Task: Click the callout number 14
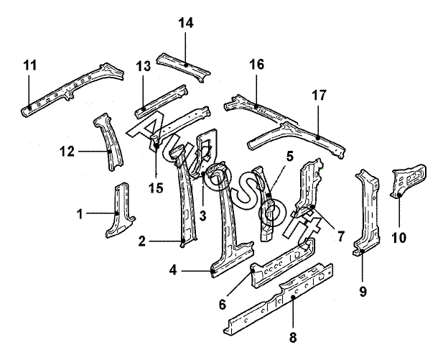tap(186, 22)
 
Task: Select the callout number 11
tap(30, 65)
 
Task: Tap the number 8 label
tap(293, 338)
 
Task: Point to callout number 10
tap(399, 237)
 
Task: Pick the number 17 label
tap(319, 96)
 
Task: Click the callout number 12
tap(67, 152)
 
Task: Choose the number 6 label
tap(223, 305)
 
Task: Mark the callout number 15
tap(156, 188)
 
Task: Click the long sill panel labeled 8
tap(279, 298)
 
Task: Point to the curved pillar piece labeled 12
tap(109, 142)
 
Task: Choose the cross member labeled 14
tap(183, 66)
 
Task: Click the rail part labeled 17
tap(297, 138)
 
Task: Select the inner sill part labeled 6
tap(283, 262)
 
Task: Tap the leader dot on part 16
tap(256, 106)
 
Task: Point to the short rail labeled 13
tap(162, 101)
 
